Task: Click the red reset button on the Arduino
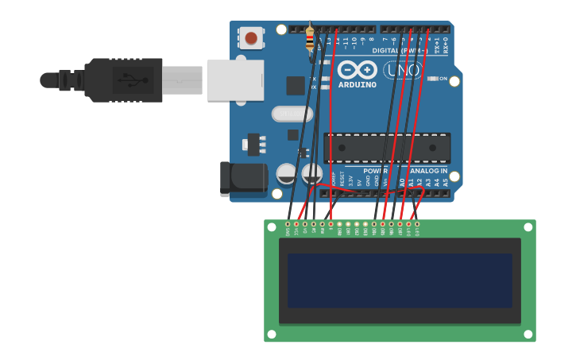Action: (x=251, y=37)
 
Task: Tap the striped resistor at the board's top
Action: (x=310, y=37)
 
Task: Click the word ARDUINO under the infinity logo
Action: (x=358, y=84)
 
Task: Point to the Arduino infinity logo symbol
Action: (x=358, y=69)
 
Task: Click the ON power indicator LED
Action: (x=433, y=79)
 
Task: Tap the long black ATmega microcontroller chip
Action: (x=387, y=148)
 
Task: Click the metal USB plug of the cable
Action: (x=182, y=79)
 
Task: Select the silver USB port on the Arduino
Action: (x=235, y=79)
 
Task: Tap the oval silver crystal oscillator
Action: (x=292, y=114)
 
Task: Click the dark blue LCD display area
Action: (x=400, y=281)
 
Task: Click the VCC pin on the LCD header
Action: (x=296, y=224)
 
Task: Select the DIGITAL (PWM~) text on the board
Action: (x=396, y=50)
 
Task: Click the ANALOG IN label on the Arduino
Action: (x=429, y=171)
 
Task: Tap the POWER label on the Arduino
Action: (x=375, y=171)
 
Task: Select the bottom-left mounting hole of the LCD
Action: (x=271, y=334)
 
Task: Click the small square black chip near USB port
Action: (x=296, y=86)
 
